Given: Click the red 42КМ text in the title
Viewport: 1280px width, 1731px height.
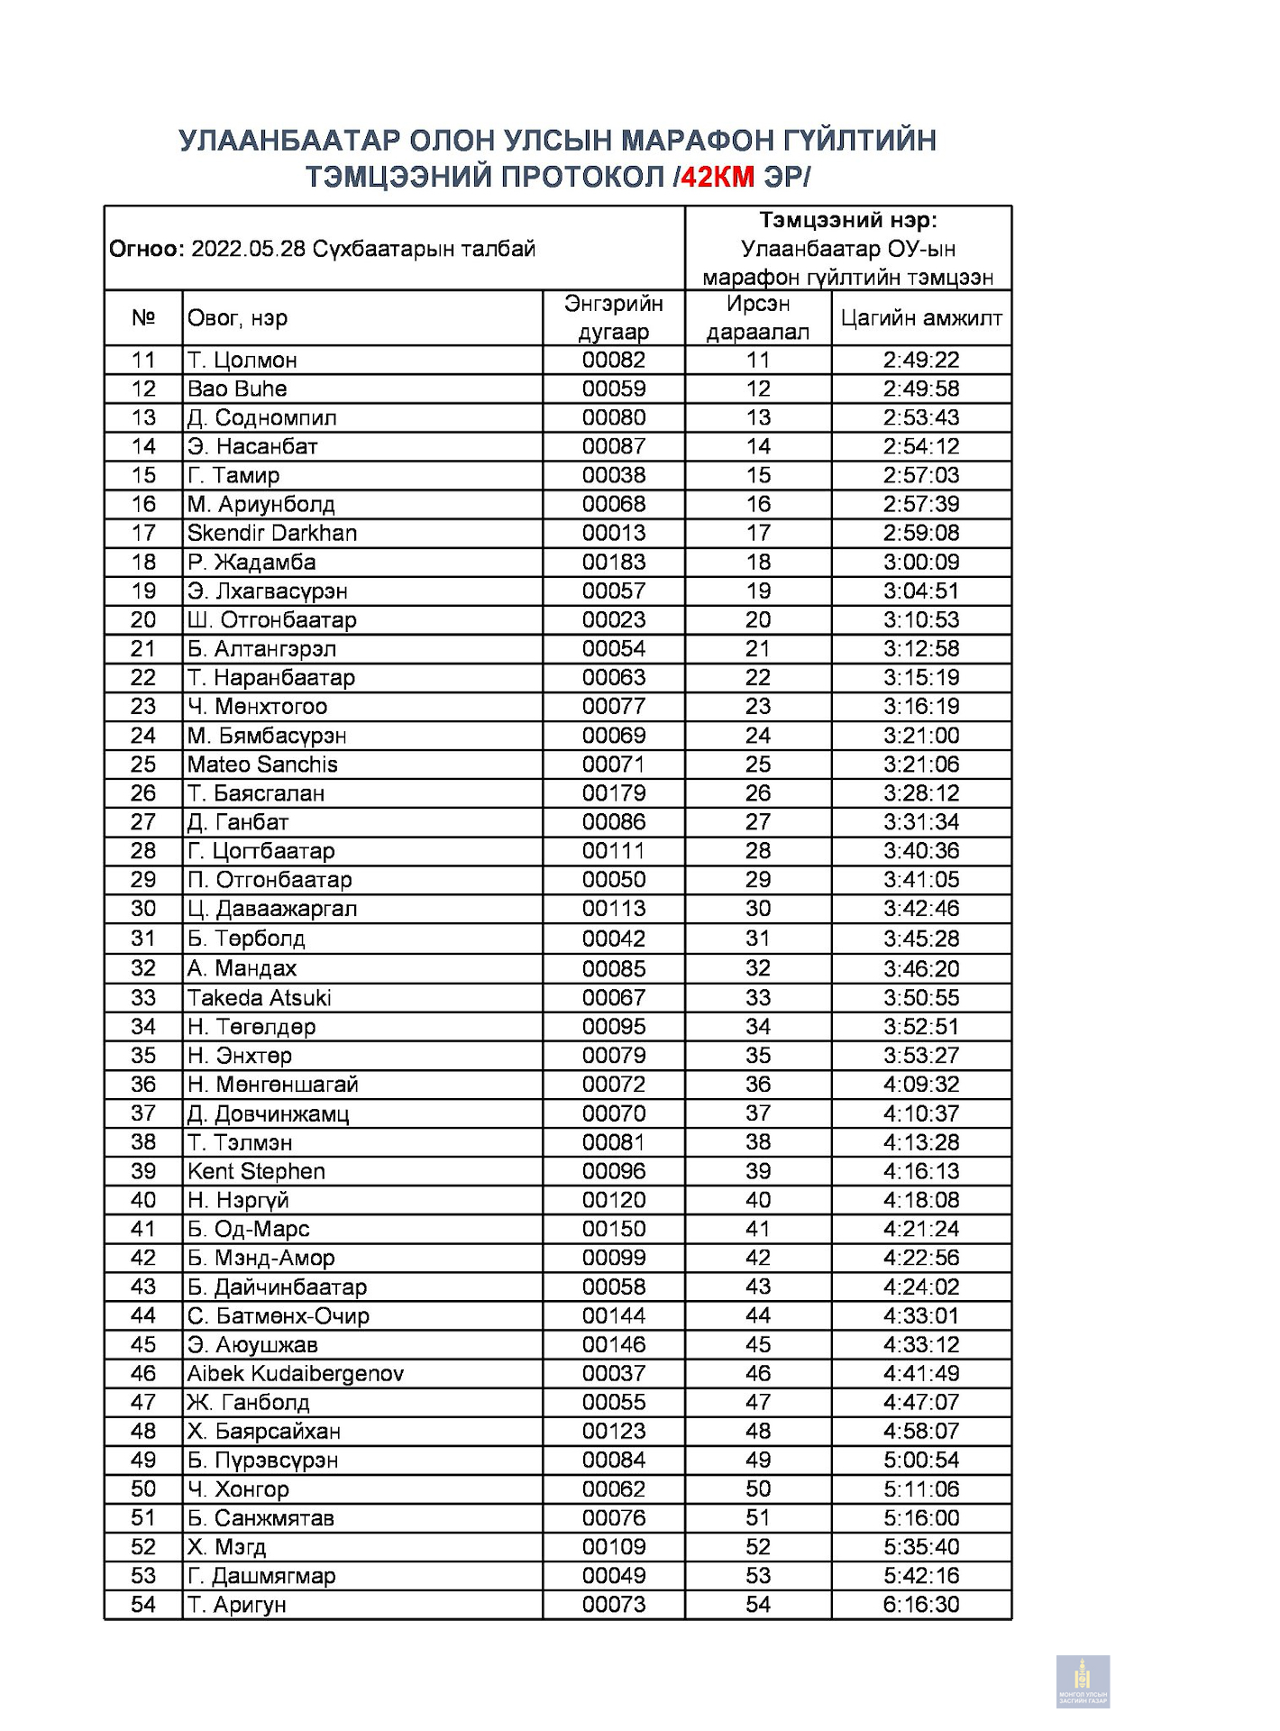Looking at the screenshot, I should [718, 177].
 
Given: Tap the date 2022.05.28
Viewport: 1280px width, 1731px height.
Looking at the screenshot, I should [248, 249].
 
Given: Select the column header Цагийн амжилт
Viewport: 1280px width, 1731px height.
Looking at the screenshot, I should [920, 317].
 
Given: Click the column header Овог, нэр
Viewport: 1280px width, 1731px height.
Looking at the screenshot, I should [237, 317].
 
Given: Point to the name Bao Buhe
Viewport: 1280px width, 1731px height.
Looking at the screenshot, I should [237, 389].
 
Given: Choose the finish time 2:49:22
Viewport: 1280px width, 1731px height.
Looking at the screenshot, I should [920, 360].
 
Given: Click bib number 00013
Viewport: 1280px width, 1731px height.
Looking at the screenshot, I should [613, 533].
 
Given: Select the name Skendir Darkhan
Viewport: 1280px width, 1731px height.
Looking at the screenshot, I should [271, 533].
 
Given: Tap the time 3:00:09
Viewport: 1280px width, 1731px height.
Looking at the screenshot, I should [920, 562].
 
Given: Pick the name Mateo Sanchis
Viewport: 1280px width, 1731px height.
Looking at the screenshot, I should [262, 765].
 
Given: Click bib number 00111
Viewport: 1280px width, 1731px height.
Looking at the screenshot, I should [613, 851].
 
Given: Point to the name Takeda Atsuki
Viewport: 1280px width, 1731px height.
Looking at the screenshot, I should [259, 998].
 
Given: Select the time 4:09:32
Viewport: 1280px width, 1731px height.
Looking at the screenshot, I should [920, 1085].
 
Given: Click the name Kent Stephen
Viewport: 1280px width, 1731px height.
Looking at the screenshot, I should [256, 1171].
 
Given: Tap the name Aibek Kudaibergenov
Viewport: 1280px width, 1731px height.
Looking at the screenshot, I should [295, 1373].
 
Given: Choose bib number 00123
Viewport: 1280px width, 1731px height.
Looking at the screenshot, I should [613, 1431].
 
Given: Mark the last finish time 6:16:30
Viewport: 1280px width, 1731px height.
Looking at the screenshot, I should [920, 1604].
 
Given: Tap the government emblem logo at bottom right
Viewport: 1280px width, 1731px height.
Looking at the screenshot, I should [1083, 1681].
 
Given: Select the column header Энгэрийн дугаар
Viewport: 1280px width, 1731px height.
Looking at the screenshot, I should [613, 317].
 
